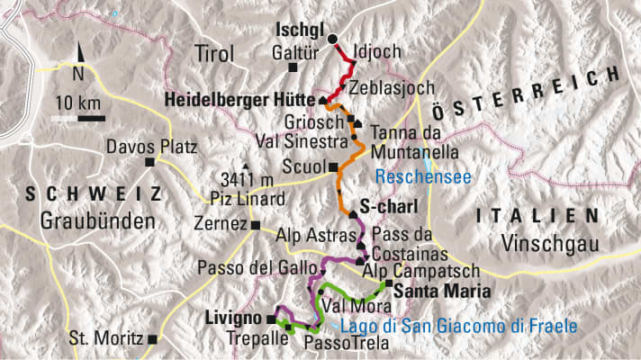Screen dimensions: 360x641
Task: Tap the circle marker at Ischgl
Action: coord(332,39)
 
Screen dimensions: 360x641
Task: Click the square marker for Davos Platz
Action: coord(149,162)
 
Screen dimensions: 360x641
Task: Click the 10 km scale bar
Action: coord(78,117)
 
